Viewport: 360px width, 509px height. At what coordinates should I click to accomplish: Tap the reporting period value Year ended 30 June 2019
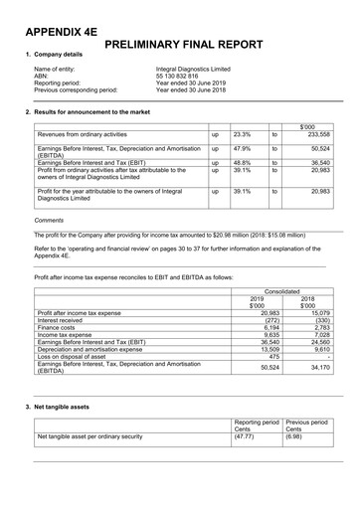point(191,83)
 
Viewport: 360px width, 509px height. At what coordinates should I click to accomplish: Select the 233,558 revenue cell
point(318,133)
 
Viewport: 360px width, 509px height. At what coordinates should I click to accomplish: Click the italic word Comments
point(49,220)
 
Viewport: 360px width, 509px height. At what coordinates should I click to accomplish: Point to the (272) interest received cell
point(256,292)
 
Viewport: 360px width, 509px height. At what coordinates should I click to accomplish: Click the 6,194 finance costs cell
point(256,300)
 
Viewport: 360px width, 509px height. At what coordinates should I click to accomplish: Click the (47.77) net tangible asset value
point(244,435)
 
